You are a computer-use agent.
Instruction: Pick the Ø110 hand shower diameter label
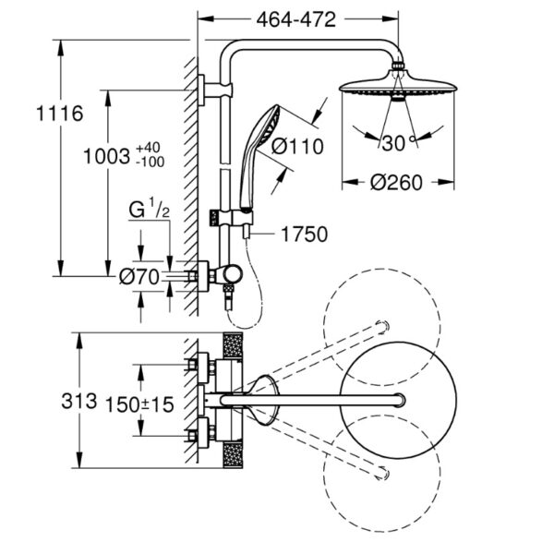point(296,146)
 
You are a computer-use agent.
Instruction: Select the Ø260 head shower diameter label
point(395,182)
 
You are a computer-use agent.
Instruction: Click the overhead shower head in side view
point(398,86)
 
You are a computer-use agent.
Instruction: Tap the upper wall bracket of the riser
point(204,90)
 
